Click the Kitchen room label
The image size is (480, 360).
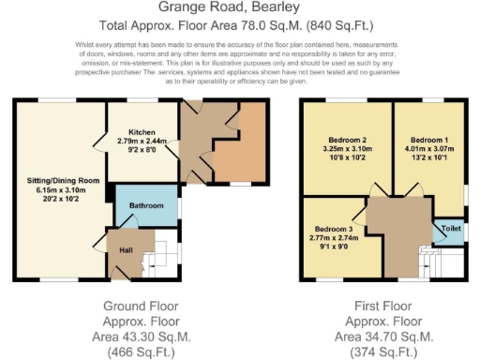(142, 133)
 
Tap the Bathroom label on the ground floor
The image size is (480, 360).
(145, 206)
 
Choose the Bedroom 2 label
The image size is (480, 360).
(342, 142)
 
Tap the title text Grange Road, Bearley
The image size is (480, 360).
(239, 9)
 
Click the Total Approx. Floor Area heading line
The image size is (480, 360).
(239, 26)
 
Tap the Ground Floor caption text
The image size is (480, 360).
(142, 307)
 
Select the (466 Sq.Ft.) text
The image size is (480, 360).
(142, 352)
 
